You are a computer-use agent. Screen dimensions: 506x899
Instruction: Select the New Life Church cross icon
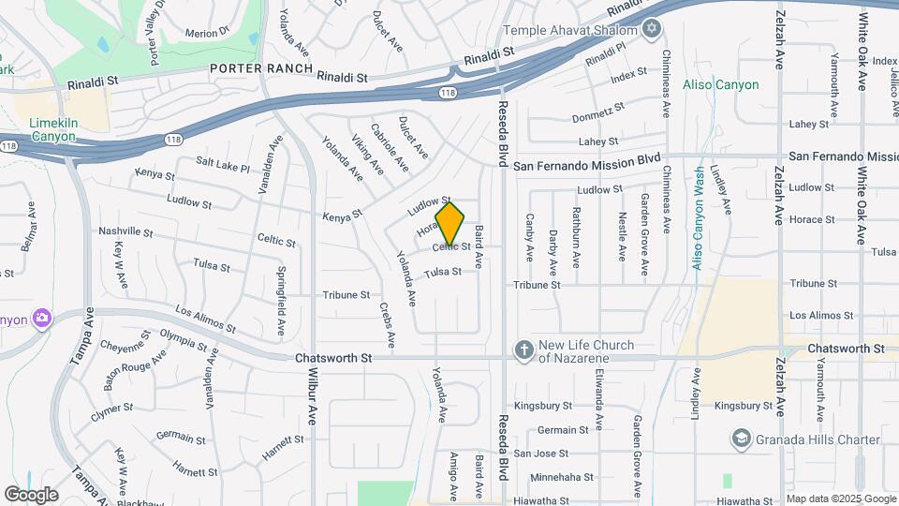pyautogui.click(x=523, y=350)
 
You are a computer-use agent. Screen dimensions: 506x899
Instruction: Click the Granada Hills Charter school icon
pyautogui.click(x=742, y=439)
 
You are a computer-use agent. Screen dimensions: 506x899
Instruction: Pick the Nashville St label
pyautogui.click(x=125, y=231)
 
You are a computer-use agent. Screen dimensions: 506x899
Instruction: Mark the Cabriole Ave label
pyautogui.click(x=389, y=147)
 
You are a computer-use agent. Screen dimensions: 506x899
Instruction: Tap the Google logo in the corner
pyautogui.click(x=31, y=494)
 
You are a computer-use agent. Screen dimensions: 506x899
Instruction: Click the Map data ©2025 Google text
pyautogui.click(x=840, y=499)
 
